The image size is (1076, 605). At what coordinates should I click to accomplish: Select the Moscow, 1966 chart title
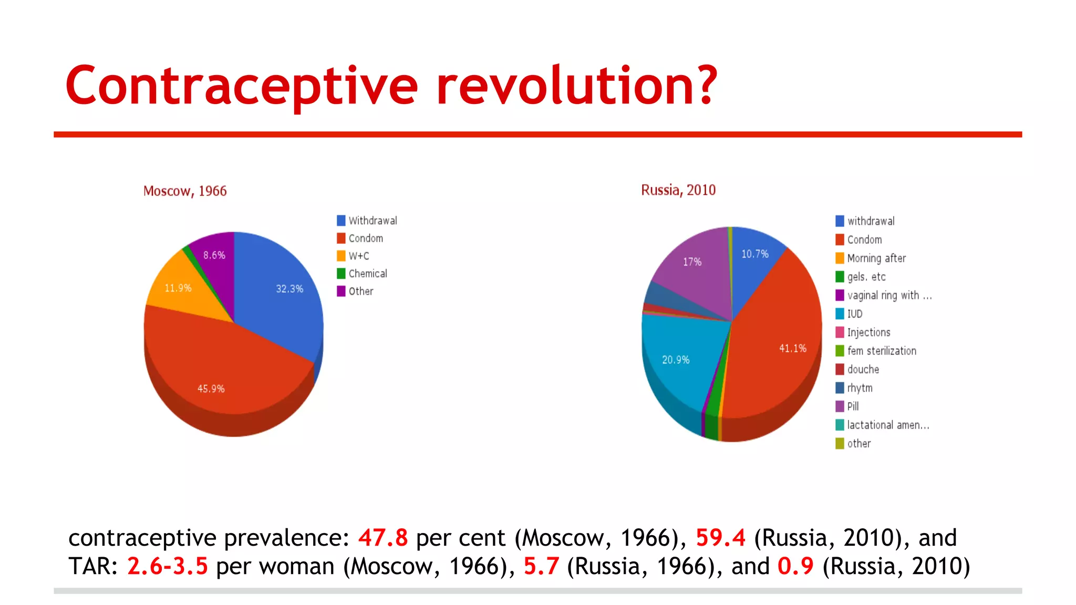point(185,191)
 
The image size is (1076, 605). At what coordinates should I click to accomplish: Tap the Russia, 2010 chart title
point(678,190)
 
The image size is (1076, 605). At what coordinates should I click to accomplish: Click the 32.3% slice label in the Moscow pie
point(289,289)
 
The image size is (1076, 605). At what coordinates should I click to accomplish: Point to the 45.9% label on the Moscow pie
point(211,389)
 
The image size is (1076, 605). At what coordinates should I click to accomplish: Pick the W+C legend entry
point(358,256)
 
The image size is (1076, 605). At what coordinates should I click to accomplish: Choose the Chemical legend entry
point(367,274)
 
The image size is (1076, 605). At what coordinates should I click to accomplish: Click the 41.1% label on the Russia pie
point(792,348)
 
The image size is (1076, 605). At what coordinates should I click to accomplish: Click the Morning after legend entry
point(876,258)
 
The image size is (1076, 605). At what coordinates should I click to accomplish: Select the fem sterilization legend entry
point(881,351)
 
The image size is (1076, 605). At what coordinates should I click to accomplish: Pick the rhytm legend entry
point(860,388)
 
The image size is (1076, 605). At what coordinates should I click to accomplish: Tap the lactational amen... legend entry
point(887,425)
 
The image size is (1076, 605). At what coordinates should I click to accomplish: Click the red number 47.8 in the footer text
point(383,538)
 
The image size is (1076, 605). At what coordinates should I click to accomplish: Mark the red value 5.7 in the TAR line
point(541,566)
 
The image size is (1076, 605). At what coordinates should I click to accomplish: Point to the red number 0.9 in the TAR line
point(795,566)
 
